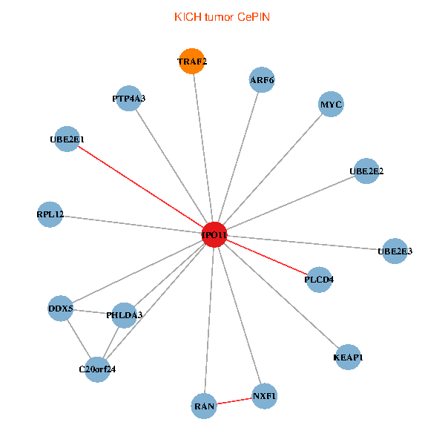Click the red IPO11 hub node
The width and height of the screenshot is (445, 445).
[x=214, y=234]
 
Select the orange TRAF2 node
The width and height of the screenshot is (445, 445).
[x=192, y=61]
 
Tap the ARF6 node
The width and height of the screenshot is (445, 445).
[x=262, y=80]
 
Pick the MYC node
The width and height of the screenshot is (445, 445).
[x=331, y=104]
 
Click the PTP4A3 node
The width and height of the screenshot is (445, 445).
[x=128, y=98]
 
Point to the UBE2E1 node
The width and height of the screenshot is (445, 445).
[x=67, y=139]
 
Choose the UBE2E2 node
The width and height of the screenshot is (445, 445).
[x=366, y=171]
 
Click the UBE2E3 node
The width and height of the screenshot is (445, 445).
[x=395, y=251]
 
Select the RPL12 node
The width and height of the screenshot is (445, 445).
[x=50, y=214]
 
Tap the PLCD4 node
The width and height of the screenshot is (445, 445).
[x=319, y=280]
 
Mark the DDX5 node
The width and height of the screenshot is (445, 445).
[x=61, y=309]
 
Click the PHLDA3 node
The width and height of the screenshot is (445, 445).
[x=124, y=315]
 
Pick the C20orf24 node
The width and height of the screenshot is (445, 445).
[x=97, y=369]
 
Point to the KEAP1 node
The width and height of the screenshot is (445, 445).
[x=348, y=357]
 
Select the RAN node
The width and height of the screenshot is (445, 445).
[x=204, y=406]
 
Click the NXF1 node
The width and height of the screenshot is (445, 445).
[x=264, y=396]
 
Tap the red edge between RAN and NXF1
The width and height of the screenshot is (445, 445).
[x=234, y=401]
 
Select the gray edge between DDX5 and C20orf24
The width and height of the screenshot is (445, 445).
[x=79, y=339]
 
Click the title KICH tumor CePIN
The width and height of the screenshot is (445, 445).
[x=222, y=17]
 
